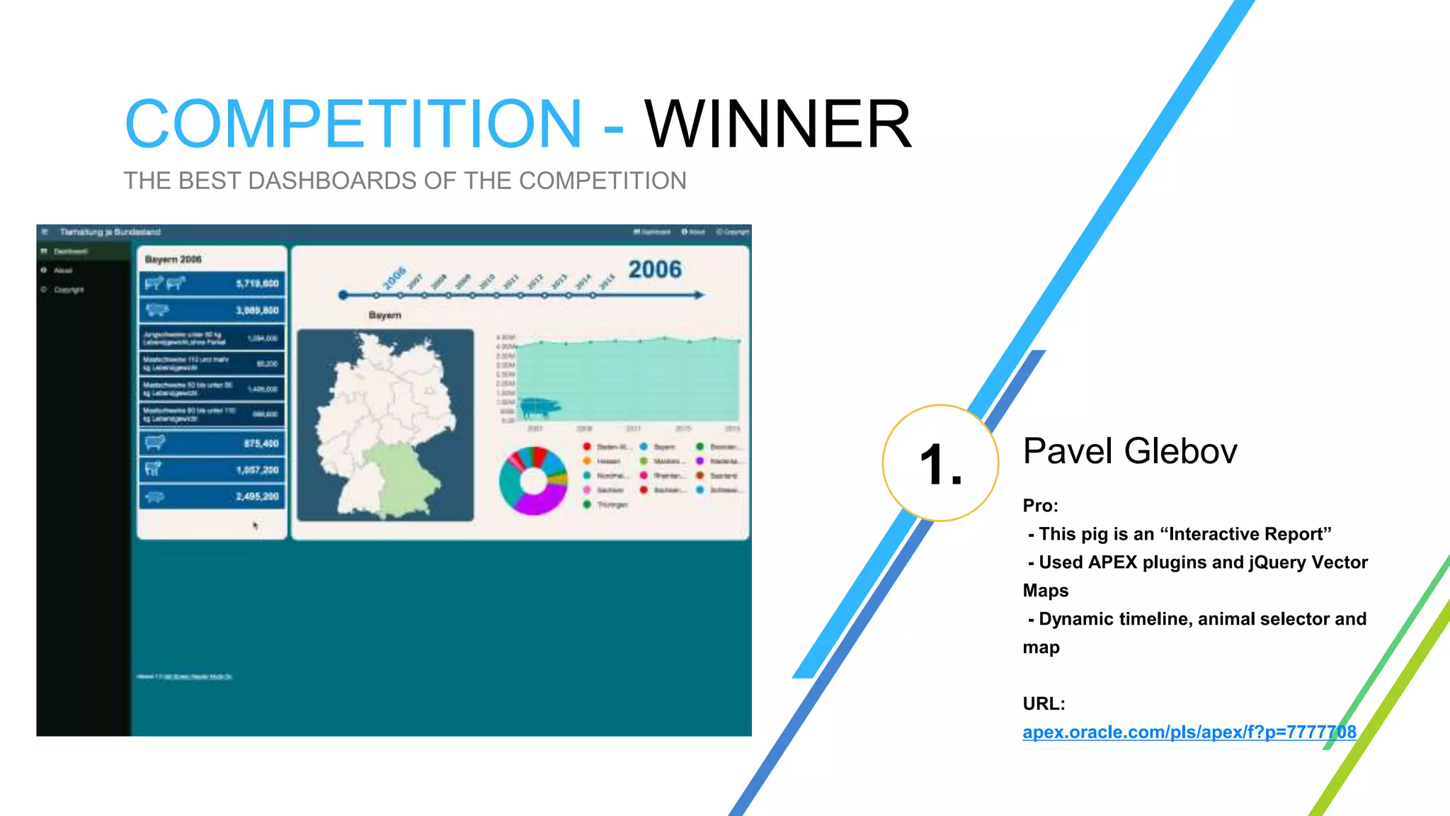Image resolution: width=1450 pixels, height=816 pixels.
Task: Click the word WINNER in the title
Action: point(777,125)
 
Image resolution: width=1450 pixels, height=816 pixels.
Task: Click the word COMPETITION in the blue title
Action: point(353,125)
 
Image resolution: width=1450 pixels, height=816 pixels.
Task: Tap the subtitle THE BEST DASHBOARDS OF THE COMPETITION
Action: point(405,181)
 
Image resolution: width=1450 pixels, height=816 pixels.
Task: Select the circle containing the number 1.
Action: point(940,463)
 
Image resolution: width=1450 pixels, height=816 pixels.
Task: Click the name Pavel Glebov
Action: point(1130,451)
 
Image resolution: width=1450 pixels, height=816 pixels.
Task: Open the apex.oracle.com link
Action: point(1189,732)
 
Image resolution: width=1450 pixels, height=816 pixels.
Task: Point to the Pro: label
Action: point(1040,506)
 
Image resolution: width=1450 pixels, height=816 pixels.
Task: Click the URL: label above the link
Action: point(1044,703)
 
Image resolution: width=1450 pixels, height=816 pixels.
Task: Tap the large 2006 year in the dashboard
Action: point(655,269)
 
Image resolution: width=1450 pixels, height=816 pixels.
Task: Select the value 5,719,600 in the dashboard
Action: point(257,283)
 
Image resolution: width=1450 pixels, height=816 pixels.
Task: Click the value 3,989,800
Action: point(257,310)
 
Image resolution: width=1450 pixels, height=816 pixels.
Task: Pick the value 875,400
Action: point(261,443)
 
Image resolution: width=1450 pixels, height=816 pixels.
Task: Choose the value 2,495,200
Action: point(257,497)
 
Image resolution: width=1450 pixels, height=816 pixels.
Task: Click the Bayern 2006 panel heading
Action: point(173,259)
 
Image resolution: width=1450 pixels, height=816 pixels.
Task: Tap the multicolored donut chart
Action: point(533,481)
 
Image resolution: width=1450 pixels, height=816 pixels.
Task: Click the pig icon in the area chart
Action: point(540,407)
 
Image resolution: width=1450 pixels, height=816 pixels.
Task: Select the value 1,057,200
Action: point(257,470)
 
